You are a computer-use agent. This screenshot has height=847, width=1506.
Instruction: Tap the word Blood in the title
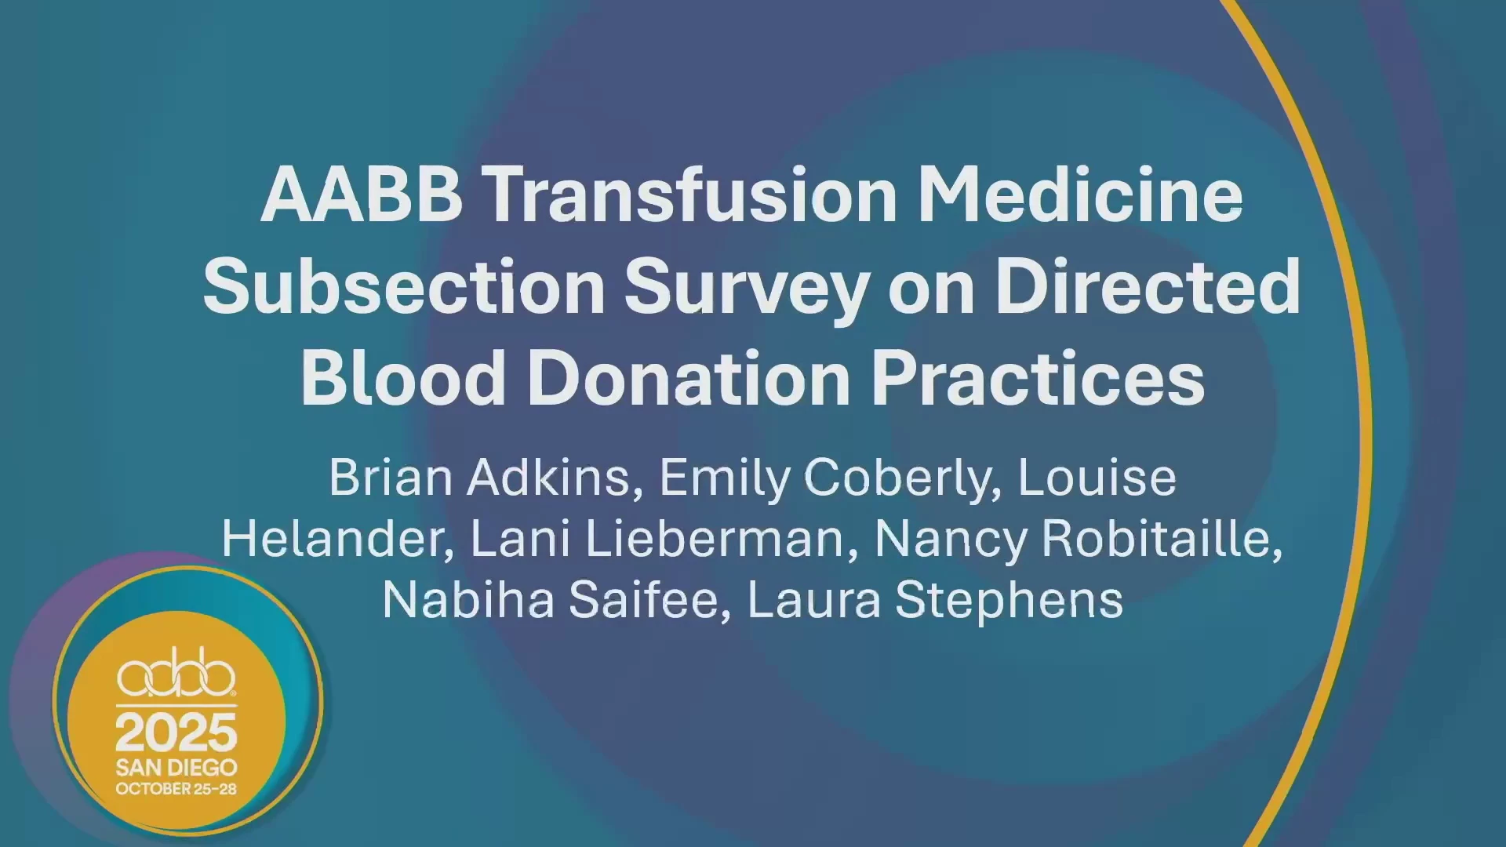click(x=403, y=377)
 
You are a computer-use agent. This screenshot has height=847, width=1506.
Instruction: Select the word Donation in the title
click(x=689, y=377)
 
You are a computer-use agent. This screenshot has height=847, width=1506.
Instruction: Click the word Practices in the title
click(x=1038, y=377)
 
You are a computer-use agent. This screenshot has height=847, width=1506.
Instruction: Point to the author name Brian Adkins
click(x=480, y=478)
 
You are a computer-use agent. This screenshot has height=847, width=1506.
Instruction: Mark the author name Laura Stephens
click(x=935, y=602)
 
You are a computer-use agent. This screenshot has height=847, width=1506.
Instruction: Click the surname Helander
click(x=333, y=539)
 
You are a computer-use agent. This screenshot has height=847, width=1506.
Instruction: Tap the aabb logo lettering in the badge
click(x=176, y=672)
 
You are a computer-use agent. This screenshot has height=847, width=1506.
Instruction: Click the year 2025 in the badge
click(x=176, y=732)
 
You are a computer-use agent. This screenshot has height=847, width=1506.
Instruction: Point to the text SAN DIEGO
click(x=176, y=767)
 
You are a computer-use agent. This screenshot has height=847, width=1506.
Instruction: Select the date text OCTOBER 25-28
click(x=176, y=789)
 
